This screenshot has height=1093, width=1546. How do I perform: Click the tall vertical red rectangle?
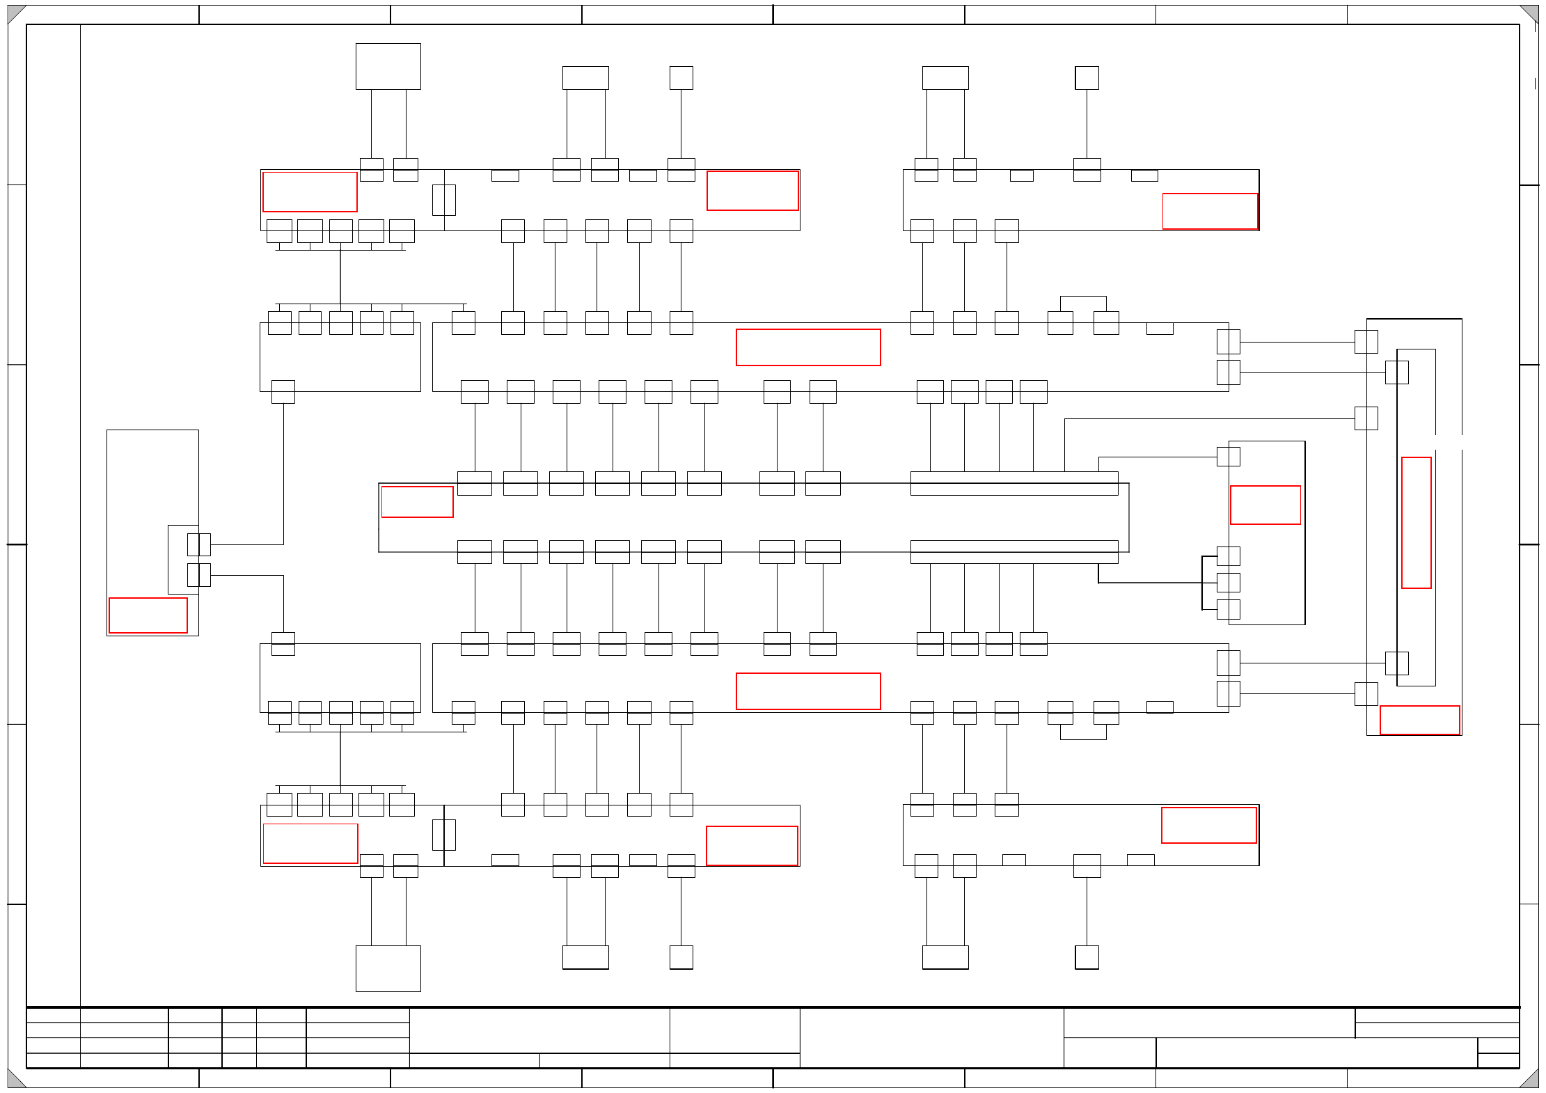1416,522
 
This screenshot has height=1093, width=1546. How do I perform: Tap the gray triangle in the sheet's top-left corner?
14,13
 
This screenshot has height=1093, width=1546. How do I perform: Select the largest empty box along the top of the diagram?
388,66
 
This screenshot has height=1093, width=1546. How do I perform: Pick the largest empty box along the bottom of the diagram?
388,968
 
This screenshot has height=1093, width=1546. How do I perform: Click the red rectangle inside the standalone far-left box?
148,615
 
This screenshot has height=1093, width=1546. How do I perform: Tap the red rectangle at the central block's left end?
417,501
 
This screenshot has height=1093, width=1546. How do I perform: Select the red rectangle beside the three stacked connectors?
1265,505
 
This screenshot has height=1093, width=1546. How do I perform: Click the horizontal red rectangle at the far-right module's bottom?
1419,720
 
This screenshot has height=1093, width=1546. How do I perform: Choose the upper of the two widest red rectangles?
808,347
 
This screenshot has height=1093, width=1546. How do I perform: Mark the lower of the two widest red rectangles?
808,691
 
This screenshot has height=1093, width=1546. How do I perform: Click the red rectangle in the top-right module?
1210,211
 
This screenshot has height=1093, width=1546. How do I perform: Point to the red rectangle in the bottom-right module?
1208,825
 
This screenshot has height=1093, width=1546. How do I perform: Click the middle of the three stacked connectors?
1228,582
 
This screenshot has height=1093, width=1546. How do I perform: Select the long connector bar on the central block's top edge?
1013,483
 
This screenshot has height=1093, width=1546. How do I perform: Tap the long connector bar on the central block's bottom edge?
1013,551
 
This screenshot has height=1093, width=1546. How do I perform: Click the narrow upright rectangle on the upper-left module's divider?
443,200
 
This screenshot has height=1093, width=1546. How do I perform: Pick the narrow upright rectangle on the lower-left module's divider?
443,834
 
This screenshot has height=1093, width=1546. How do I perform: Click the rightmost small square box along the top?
1087,78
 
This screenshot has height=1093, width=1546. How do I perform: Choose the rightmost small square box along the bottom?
1087,957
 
